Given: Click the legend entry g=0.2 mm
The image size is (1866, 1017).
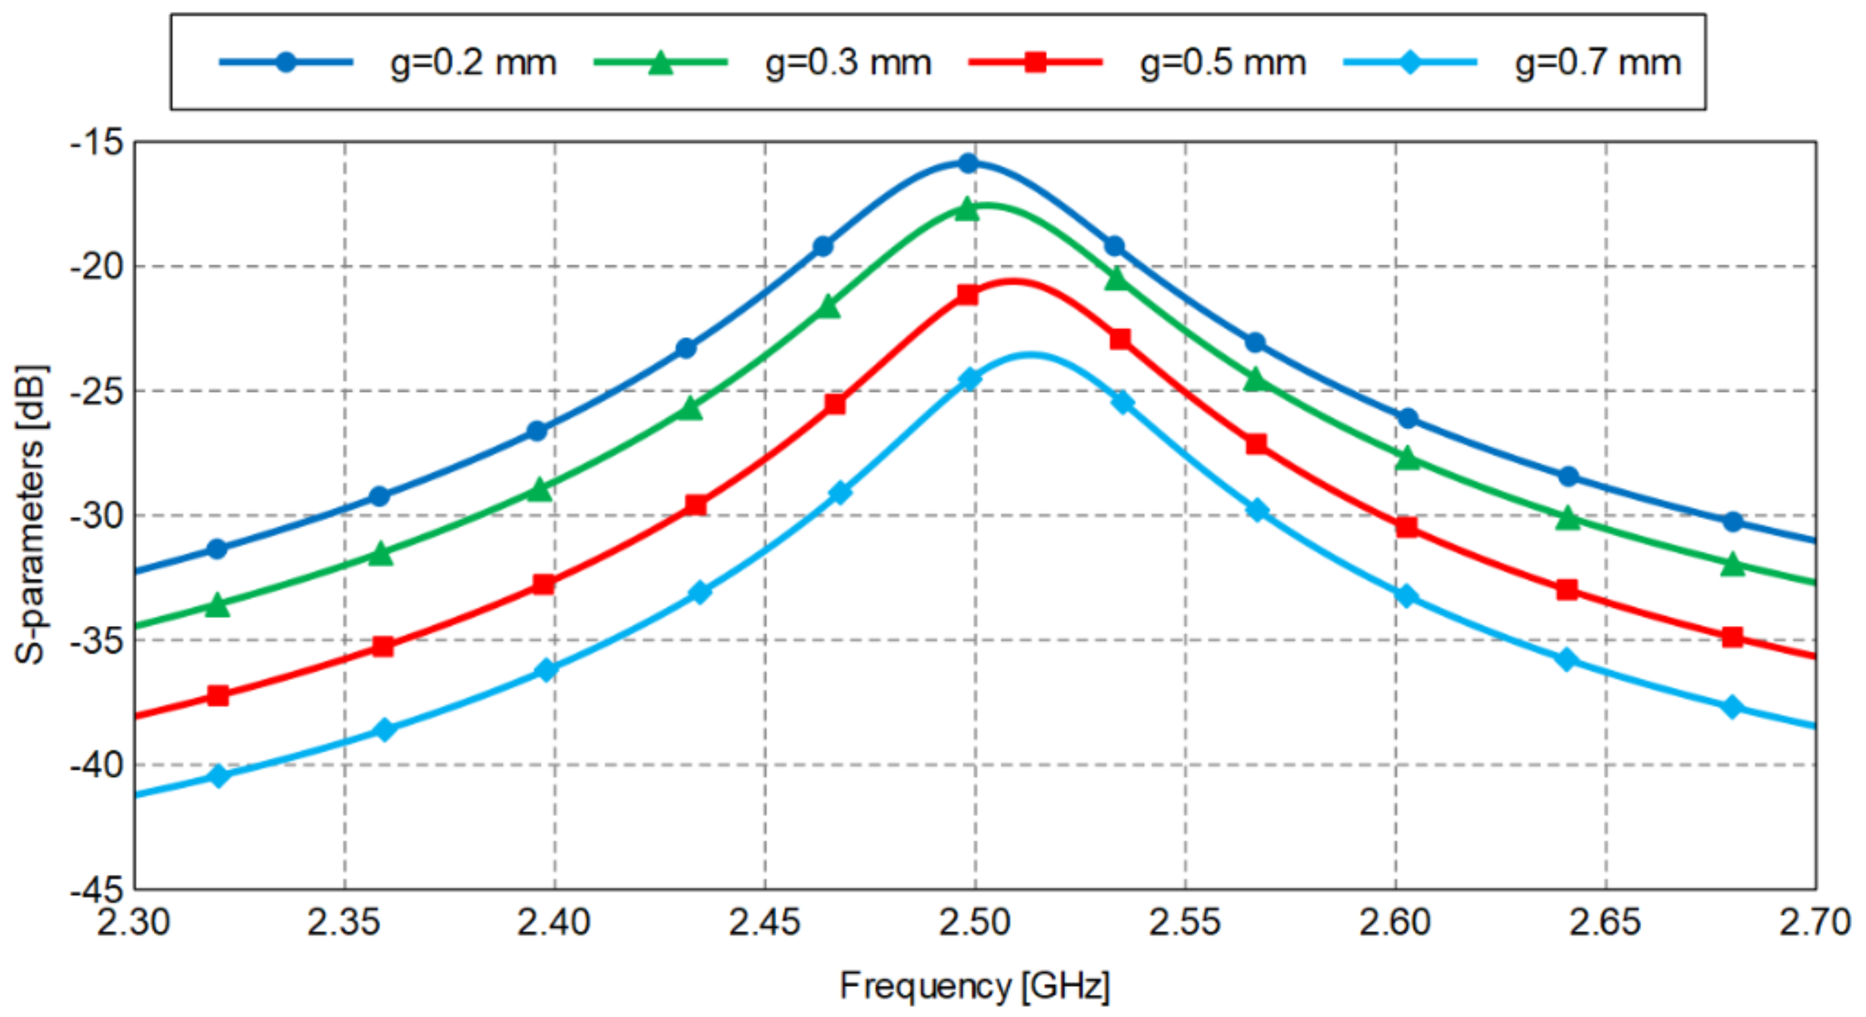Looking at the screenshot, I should [x=473, y=63].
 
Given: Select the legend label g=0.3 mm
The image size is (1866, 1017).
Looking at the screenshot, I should [x=848, y=63].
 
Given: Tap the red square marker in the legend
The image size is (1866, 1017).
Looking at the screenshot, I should [x=1035, y=61].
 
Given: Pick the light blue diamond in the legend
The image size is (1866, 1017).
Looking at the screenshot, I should [x=1410, y=61].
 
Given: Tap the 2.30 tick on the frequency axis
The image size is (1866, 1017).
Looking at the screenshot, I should [x=133, y=923].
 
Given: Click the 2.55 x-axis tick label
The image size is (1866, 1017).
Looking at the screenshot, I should [x=1185, y=923].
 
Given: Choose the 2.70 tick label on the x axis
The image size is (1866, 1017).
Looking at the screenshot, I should [x=1815, y=923].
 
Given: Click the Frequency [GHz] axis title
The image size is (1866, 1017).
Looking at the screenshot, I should [x=974, y=986].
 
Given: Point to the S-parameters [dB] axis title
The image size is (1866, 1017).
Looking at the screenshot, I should [x=31, y=515].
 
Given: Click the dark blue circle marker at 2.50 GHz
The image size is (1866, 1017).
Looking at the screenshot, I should [x=968, y=163].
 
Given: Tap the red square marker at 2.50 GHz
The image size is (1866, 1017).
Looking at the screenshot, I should [x=968, y=294].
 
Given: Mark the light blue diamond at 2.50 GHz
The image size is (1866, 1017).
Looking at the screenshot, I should [x=969, y=378].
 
